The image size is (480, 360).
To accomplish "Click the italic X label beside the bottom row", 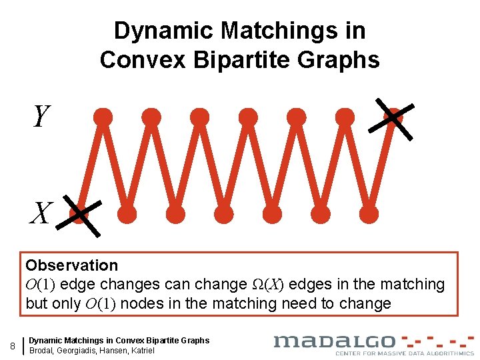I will point(40,213).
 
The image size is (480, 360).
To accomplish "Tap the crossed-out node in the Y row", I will point(393,117).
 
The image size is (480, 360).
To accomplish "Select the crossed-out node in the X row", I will point(79,214).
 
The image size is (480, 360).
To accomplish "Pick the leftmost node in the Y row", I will point(103,117).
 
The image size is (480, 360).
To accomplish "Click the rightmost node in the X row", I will point(369,214).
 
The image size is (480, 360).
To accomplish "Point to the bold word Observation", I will point(71,265).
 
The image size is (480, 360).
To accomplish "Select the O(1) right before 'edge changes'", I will point(43,285).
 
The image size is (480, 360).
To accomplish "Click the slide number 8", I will point(13,345).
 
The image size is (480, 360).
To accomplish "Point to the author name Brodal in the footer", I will point(43,351).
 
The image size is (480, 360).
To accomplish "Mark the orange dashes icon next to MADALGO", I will point(437,341).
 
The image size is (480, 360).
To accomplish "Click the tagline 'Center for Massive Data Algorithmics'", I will point(404,353).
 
